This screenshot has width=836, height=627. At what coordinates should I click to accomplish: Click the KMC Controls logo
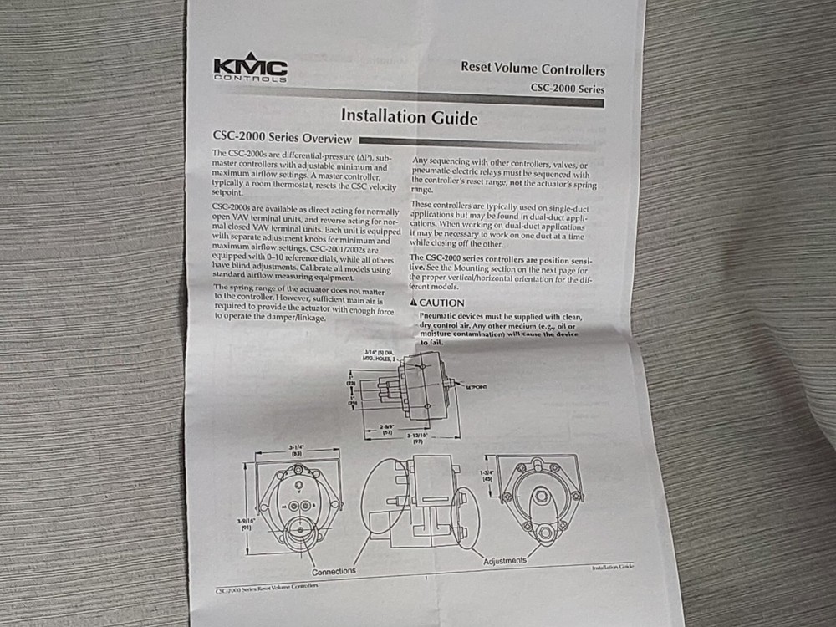point(250,69)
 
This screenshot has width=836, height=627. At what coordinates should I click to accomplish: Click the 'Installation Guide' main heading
point(410,117)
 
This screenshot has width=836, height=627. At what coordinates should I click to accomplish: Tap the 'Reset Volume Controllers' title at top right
point(533,69)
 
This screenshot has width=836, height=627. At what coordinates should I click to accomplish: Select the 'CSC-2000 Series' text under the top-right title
point(567,89)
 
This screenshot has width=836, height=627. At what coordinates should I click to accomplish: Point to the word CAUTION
point(441,303)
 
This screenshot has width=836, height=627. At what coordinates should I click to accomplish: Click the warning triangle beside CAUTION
point(413,303)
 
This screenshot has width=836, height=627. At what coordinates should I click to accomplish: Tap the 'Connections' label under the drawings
point(334,571)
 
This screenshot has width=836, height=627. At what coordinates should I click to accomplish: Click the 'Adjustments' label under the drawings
point(505,560)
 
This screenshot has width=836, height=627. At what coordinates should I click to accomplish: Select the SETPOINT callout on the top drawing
point(475,387)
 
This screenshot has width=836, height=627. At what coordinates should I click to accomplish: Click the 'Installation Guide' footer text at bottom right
point(612,567)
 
